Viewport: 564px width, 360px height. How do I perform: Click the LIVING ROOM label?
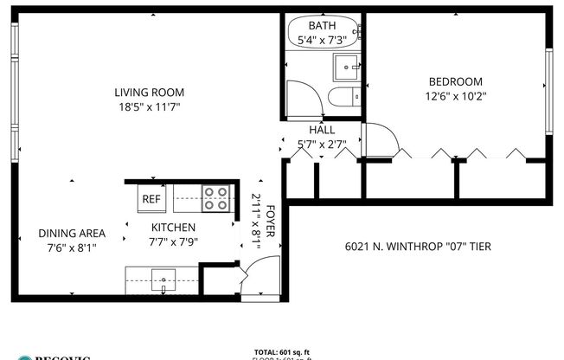[x=149, y=93]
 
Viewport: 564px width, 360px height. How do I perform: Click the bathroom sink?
[x=348, y=66]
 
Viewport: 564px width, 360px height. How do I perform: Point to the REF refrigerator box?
[x=151, y=199]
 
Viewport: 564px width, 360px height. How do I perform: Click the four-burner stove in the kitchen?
[x=215, y=198]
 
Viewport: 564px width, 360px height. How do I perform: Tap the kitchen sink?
[x=162, y=280]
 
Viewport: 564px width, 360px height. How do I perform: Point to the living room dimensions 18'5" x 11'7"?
[x=149, y=107]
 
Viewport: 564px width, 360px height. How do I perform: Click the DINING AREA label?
[x=72, y=233]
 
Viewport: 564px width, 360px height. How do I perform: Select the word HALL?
[x=322, y=130]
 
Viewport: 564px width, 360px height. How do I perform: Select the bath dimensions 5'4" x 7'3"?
[x=322, y=40]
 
